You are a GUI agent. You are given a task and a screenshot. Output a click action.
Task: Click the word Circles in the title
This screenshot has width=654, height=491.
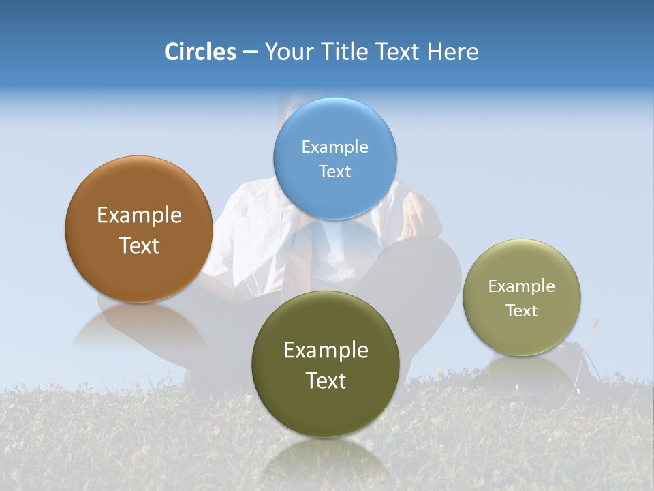[x=200, y=52]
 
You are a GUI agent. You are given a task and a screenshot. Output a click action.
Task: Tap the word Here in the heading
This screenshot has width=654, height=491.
[x=452, y=52]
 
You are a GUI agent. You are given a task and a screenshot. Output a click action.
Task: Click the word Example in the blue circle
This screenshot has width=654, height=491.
[x=334, y=147]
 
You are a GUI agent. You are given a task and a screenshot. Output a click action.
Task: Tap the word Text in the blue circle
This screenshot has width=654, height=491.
[x=334, y=172]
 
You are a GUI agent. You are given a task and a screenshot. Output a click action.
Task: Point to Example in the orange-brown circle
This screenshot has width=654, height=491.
[x=139, y=215]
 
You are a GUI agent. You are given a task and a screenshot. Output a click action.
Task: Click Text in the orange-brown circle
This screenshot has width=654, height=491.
[x=139, y=245]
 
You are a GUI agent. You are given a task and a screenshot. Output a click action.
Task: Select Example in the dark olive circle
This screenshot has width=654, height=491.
[x=326, y=351]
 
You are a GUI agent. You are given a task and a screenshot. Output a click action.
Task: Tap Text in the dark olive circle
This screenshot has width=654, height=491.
[x=326, y=381]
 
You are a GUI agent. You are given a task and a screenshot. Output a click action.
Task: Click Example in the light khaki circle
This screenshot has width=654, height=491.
[x=522, y=286]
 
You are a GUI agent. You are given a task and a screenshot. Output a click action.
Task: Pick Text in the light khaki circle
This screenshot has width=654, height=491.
[x=522, y=311]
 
